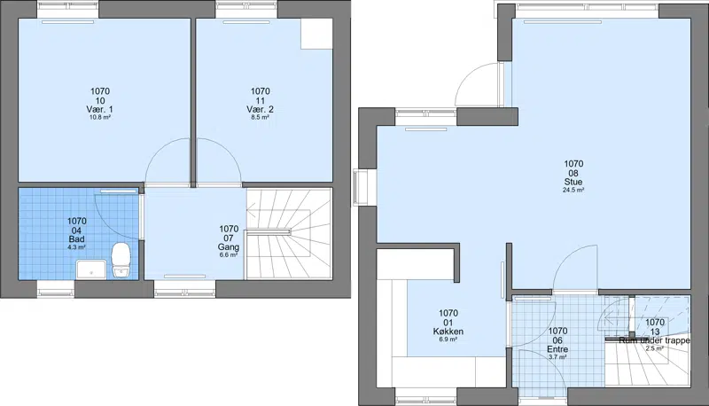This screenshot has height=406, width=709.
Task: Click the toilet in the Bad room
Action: tap(121, 261)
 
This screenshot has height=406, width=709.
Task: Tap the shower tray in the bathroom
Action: tap(91, 269)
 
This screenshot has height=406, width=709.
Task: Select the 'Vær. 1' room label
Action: tap(99, 109)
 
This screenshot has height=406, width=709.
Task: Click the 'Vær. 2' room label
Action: tap(260, 109)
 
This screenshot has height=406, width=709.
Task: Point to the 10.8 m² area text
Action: tap(100, 117)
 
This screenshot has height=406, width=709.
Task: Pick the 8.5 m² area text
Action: tap(261, 117)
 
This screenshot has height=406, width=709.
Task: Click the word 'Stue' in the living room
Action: tap(573, 183)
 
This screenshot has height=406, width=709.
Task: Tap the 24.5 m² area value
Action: tap(573, 191)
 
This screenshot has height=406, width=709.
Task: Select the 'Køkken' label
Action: tap(448, 332)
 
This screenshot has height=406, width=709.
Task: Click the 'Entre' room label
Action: tap(557, 349)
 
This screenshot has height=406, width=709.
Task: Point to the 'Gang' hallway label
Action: tap(229, 247)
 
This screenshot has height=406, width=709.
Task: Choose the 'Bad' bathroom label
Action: tap(76, 239)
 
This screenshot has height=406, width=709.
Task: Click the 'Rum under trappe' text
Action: tap(654, 340)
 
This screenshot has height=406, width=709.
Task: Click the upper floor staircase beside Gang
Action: tap(289, 234)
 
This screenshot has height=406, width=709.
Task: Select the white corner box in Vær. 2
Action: tap(316, 34)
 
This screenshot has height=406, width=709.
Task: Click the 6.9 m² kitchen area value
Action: tap(448, 340)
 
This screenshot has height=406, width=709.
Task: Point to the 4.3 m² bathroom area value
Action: tap(76, 247)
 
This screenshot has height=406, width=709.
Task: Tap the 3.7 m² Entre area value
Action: tap(557, 357)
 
